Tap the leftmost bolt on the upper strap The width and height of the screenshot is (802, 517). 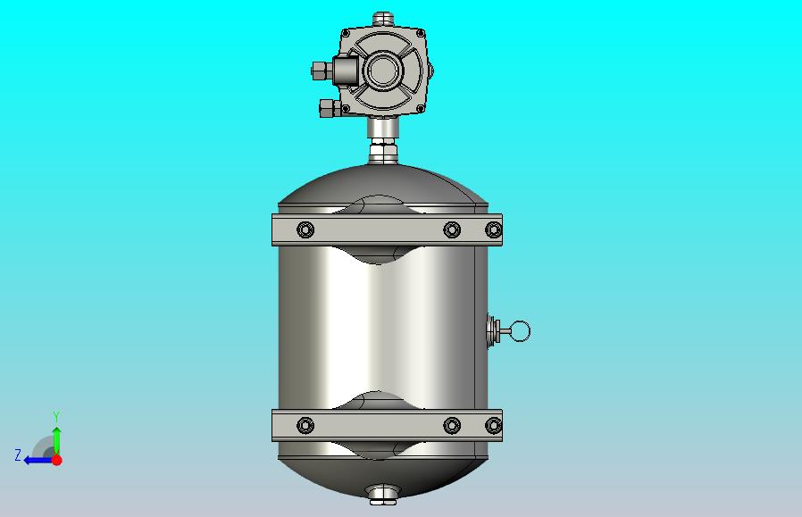(x=305, y=229)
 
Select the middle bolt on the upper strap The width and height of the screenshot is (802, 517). (x=452, y=229)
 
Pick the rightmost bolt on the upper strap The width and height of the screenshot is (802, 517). (x=493, y=229)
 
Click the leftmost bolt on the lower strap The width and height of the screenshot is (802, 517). (x=305, y=425)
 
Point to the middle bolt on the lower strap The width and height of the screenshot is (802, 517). (x=452, y=425)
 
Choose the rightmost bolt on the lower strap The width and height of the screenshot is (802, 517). (x=493, y=425)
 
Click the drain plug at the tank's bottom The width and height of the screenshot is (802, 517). (x=382, y=495)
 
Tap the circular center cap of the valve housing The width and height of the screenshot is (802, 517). (x=381, y=71)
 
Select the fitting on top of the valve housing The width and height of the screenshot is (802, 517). (x=382, y=20)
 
